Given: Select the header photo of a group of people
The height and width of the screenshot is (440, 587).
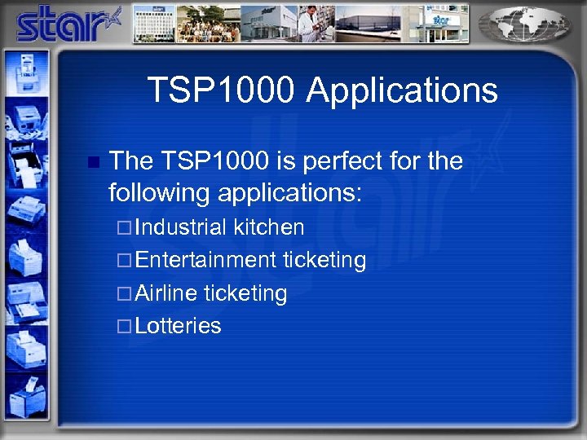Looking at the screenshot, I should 209,24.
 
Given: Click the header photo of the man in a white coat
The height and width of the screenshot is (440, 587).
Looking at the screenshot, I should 313,24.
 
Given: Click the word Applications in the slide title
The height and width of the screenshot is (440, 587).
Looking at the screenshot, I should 402,90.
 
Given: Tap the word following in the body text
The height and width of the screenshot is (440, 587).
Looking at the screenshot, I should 160,193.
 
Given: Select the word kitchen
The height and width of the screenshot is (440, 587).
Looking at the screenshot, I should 269,227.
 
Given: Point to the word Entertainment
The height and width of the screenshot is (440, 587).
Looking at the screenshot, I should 206,260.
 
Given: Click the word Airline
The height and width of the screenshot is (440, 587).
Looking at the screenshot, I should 167,293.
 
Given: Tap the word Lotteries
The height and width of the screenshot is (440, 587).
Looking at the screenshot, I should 178,326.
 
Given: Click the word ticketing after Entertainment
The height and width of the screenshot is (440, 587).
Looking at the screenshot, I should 324,260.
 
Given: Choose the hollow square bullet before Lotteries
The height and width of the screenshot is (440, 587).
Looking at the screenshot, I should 124,326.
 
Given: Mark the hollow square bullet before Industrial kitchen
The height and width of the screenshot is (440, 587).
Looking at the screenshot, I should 124,227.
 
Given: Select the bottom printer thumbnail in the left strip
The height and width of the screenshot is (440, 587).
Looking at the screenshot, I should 24,399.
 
